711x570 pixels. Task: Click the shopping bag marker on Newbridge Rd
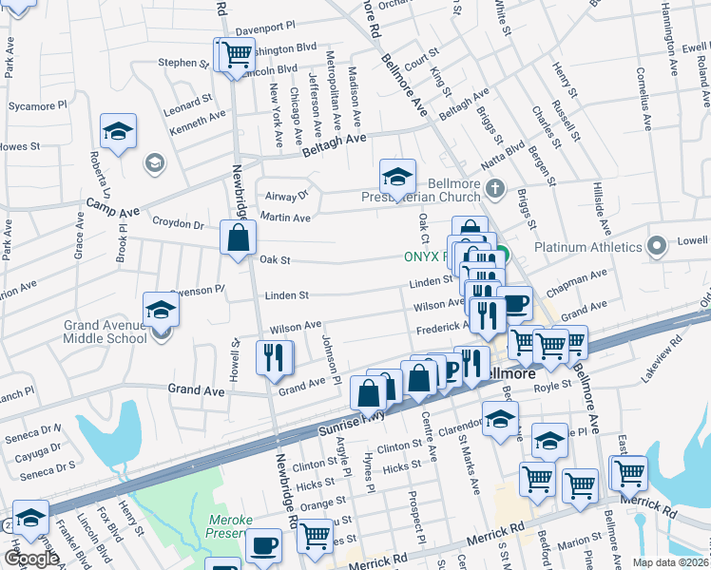239,238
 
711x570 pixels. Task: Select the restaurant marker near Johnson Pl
274,358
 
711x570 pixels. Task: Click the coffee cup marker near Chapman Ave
514,304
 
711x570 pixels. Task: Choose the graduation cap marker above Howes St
118,131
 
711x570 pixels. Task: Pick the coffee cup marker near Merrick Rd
263,547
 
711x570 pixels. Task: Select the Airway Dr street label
289,195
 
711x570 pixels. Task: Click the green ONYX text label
425,256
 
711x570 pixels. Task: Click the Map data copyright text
669,562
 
